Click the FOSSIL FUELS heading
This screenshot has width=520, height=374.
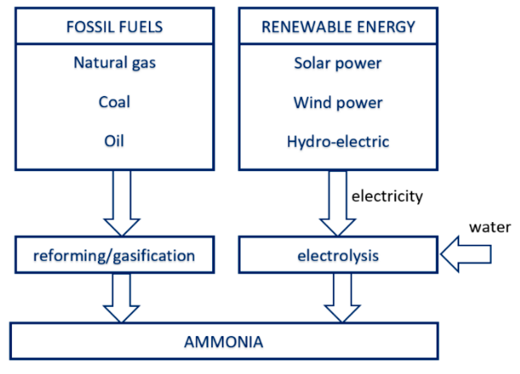(114, 27)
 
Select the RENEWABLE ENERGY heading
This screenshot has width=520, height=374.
(338, 27)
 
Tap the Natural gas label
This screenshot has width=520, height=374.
(114, 63)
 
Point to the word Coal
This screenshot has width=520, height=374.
(114, 102)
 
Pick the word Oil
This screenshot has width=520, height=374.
(114, 141)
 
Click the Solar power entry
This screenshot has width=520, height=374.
(338, 63)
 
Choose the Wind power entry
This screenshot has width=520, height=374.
(338, 103)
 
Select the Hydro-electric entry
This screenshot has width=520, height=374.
(338, 142)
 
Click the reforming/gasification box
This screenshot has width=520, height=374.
(114, 255)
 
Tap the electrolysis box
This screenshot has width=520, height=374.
(338, 255)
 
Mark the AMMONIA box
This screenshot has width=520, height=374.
(224, 342)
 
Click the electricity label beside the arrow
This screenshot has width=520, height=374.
(387, 196)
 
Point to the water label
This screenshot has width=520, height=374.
(490, 227)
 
